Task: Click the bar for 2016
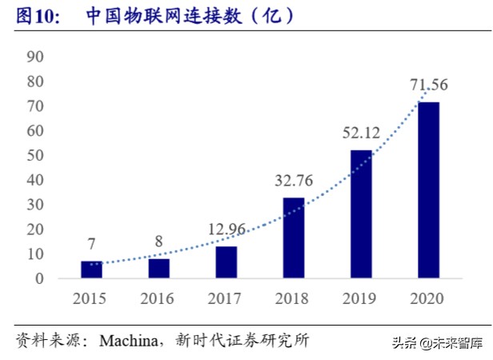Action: click(x=158, y=269)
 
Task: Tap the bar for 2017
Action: click(x=226, y=262)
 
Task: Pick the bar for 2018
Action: click(x=294, y=238)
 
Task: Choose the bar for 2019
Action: click(x=361, y=214)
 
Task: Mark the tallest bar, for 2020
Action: click(x=428, y=190)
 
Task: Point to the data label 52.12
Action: click(x=361, y=133)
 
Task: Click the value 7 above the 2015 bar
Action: click(x=91, y=242)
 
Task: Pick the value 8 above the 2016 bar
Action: click(x=158, y=240)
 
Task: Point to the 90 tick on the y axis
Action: click(x=34, y=57)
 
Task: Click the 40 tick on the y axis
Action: click(x=34, y=180)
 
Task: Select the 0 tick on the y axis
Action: click(x=38, y=279)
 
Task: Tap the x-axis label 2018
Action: click(x=294, y=301)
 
